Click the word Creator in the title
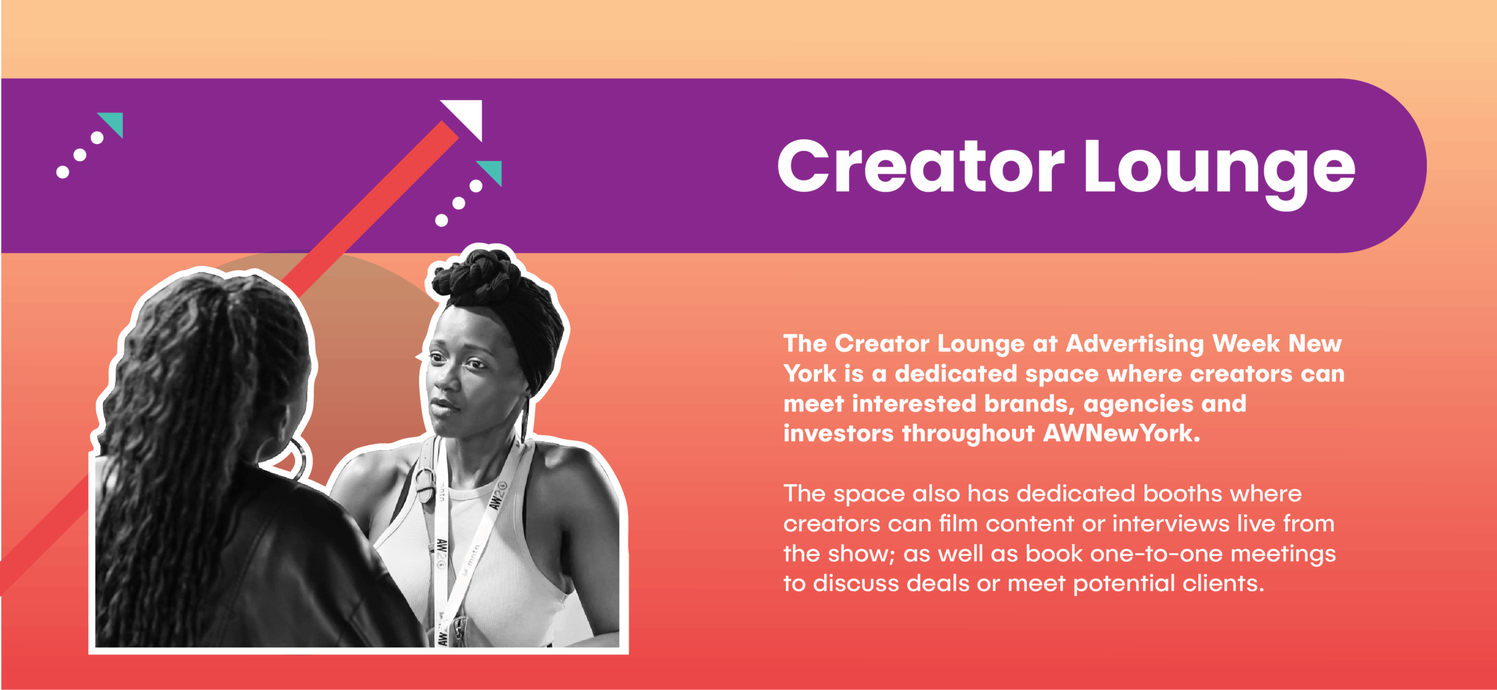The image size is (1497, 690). click(x=921, y=166)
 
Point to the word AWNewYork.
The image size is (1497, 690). click(x=1122, y=433)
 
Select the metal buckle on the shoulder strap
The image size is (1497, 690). click(x=426, y=484)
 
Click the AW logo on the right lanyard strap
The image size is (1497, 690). click(x=498, y=495)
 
